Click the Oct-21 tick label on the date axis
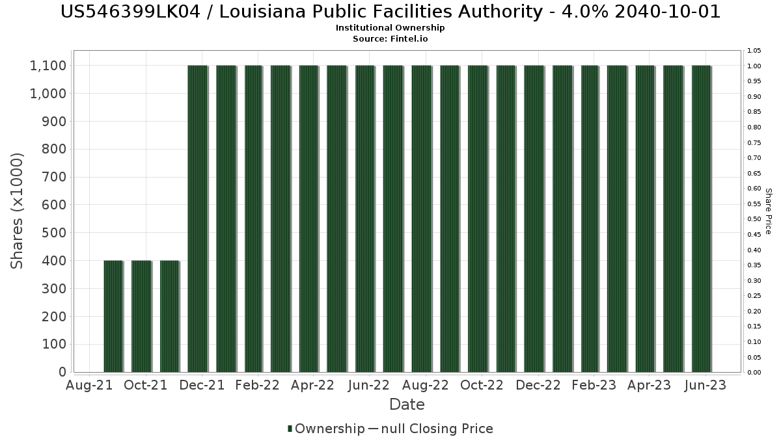(x=146, y=386)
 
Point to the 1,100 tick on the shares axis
(x=48, y=66)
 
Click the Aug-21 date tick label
(x=90, y=386)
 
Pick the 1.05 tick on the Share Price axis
(x=754, y=51)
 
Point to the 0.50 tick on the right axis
(x=754, y=219)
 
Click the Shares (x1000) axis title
(x=18, y=211)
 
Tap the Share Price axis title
(x=769, y=211)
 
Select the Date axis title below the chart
(x=407, y=405)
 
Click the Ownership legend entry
(x=326, y=429)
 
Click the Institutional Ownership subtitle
(x=390, y=28)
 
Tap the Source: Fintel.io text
(x=390, y=38)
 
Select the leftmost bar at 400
(x=113, y=316)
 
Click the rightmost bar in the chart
(x=702, y=219)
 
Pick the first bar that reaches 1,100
(x=197, y=219)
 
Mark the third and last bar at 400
(x=169, y=316)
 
